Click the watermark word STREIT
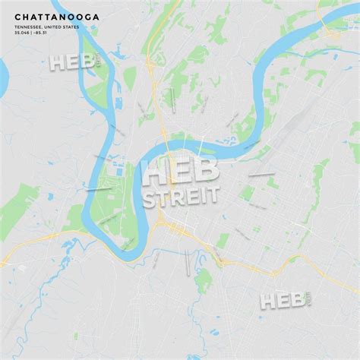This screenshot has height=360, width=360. (180, 195)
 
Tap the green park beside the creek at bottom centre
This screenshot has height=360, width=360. (203, 282)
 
